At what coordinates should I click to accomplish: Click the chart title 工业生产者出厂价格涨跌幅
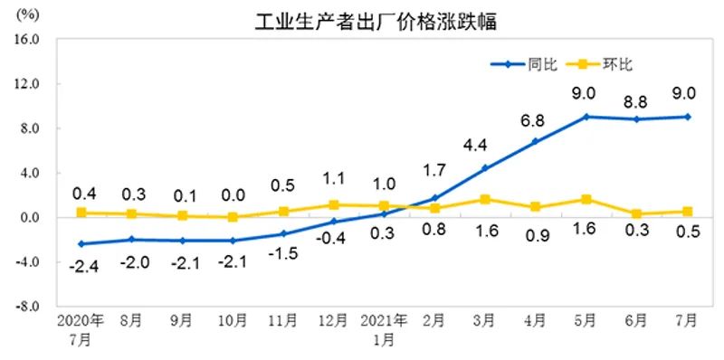(x=376, y=20)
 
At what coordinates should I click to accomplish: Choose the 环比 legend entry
(x=618, y=64)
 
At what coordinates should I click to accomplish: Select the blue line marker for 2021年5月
(x=586, y=117)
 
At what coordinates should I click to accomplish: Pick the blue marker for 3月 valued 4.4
(x=485, y=168)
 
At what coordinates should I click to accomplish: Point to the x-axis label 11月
(x=282, y=322)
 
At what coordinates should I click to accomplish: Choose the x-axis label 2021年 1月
(x=384, y=329)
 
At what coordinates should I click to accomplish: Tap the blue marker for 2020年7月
(x=81, y=244)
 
